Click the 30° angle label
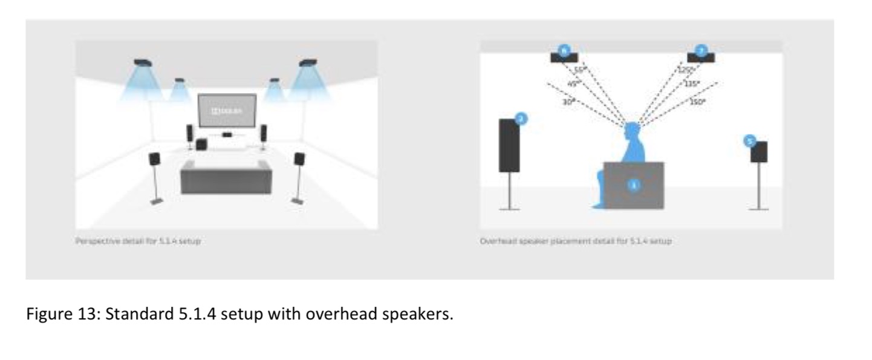point(567,103)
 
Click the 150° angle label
point(697,102)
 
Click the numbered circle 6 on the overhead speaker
point(563,51)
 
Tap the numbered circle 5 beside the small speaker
point(750,141)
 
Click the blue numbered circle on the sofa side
point(633,185)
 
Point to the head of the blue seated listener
point(631,132)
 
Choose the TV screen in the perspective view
point(227,110)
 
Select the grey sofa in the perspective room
point(226,177)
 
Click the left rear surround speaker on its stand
point(155,159)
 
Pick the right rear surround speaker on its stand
point(299,159)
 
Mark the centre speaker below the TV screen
point(227,134)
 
